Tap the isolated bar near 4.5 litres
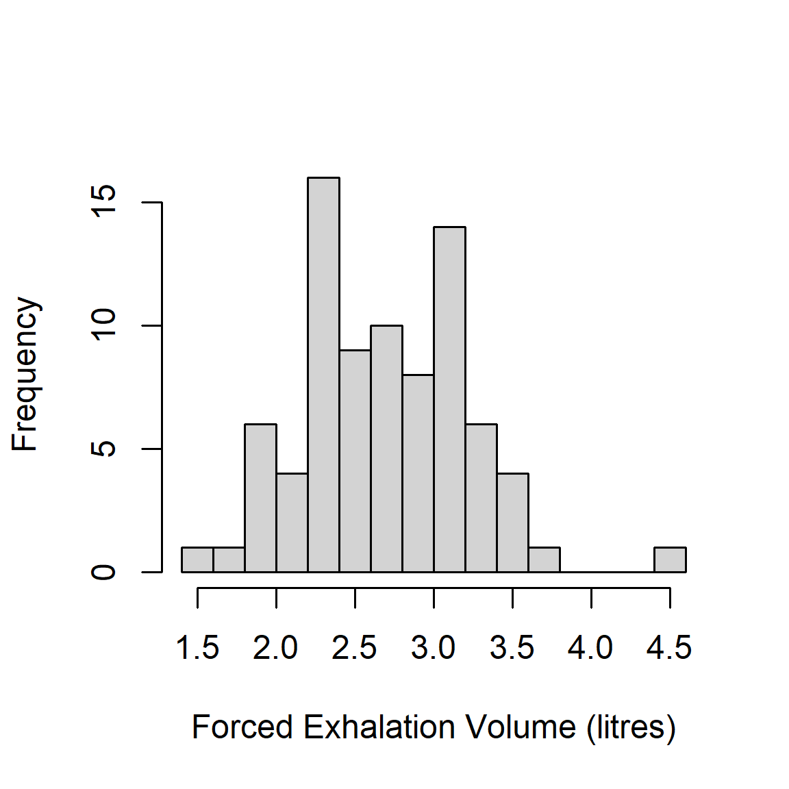coord(670,560)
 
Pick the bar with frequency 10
coord(386,448)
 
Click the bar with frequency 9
coord(355,460)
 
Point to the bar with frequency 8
coord(418,473)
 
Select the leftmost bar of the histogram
coord(197,560)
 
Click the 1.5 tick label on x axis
coord(197,647)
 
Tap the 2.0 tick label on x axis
coord(275,647)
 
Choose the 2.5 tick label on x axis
coord(354,647)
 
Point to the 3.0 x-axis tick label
coord(433,647)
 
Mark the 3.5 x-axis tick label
coord(512,647)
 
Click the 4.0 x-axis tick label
coord(590,647)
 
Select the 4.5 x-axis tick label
coord(669,647)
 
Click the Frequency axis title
coord(25,374)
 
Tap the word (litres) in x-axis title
coord(631,727)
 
